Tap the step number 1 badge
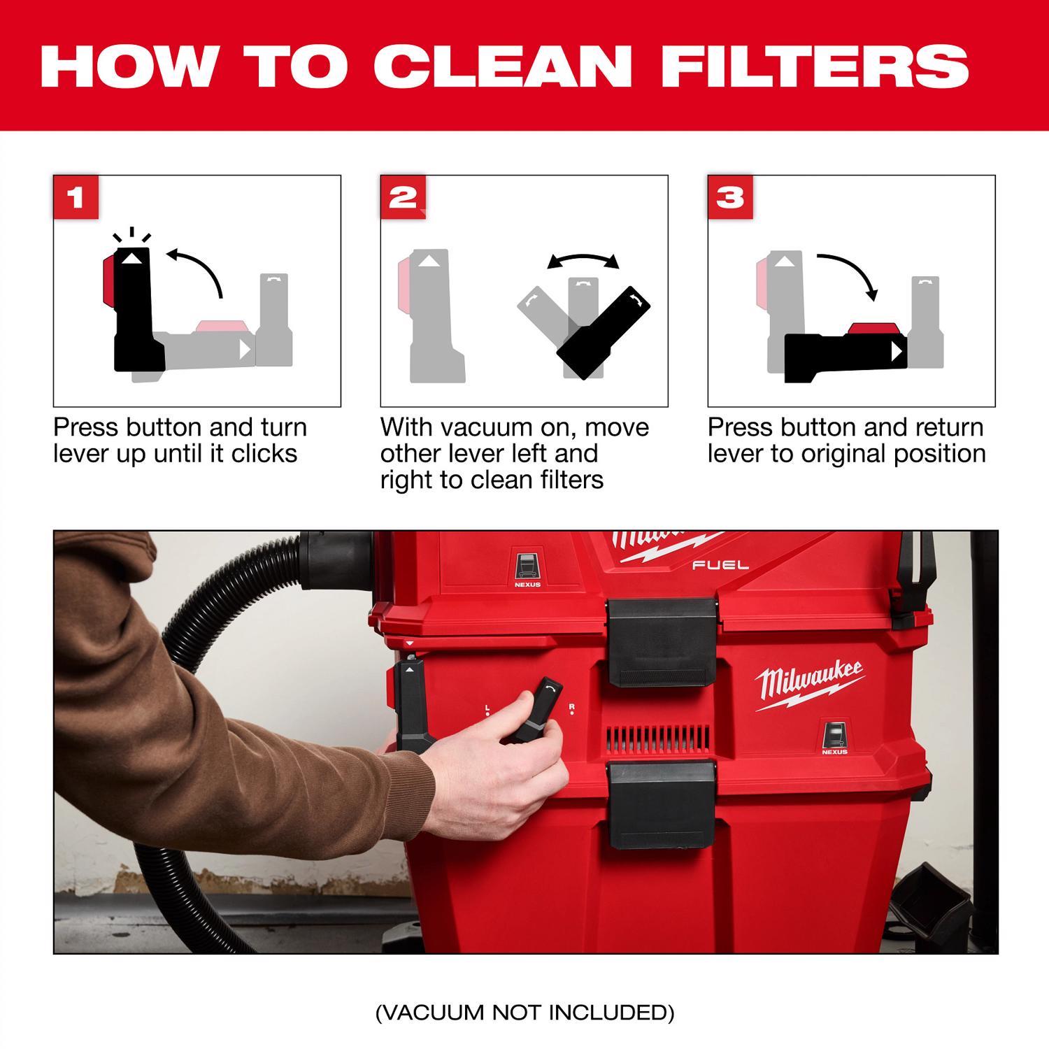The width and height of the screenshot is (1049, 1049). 76,197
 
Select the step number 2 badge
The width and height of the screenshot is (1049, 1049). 403,197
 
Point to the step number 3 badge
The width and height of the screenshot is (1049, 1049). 730,197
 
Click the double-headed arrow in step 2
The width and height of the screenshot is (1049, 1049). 583,261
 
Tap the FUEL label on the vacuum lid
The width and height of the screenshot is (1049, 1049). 711,564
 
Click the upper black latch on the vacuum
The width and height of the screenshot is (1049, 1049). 662,641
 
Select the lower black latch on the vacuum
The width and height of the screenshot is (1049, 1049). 662,804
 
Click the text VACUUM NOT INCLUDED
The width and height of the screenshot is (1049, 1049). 524,1012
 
